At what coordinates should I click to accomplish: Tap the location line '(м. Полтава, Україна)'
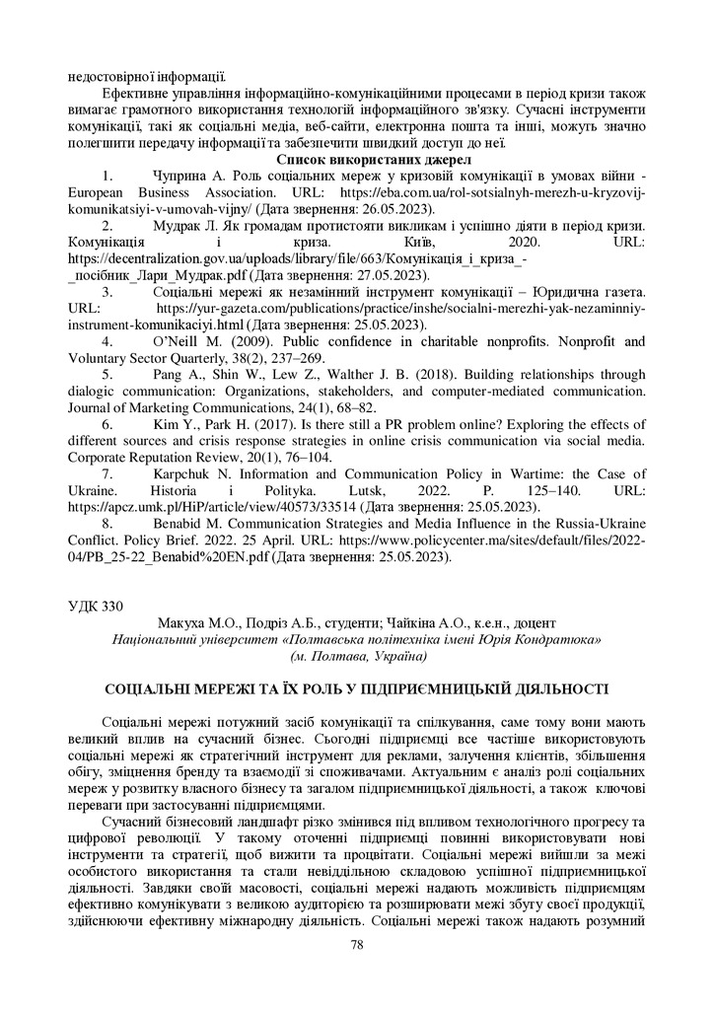pyautogui.click(x=358, y=655)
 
